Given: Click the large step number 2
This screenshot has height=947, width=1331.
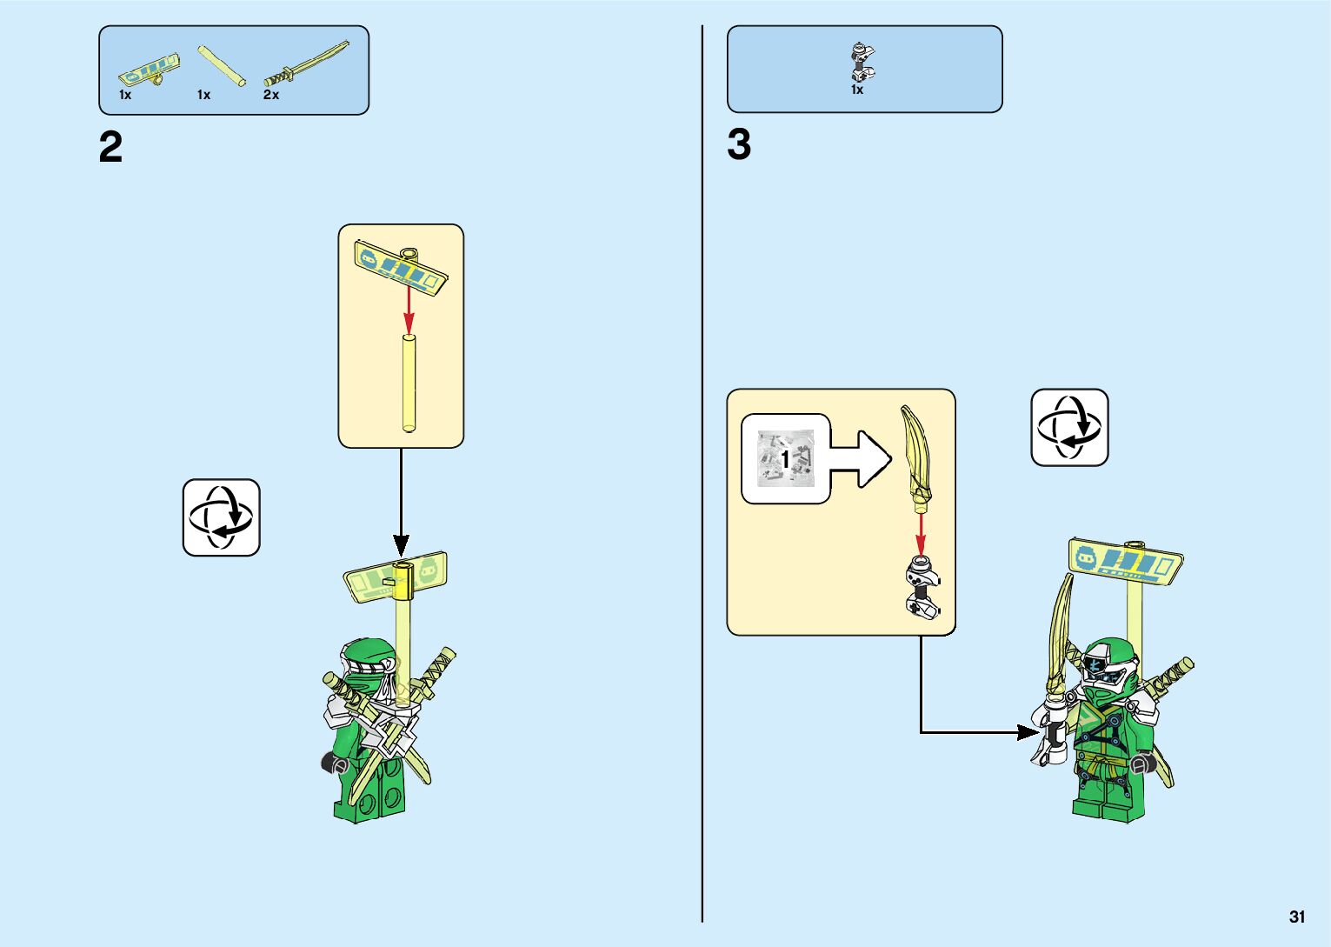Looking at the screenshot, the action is coord(110,148).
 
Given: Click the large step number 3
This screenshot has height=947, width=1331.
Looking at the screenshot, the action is coord(739,145).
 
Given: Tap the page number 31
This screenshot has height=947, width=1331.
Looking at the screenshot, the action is coord(1297,917).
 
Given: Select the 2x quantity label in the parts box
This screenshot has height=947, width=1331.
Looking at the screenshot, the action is coord(271,95).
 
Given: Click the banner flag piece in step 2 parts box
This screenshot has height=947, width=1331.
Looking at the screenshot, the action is coord(150,69).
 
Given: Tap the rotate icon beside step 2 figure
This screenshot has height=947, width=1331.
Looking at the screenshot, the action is coord(221,517).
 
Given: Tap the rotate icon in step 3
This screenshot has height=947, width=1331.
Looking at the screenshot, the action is coord(1069,428).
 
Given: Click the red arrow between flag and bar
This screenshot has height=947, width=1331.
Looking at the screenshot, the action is coord(409,310).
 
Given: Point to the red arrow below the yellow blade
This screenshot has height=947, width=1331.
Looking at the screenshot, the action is coord(921,532).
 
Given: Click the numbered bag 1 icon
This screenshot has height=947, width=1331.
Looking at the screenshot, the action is coord(785,458).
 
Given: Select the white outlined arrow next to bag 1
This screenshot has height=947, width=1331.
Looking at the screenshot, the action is coord(861,458).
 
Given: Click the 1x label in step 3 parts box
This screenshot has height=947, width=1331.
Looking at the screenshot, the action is coord(857,90).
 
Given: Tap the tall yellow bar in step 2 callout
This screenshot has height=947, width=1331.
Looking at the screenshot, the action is coord(409,383).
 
